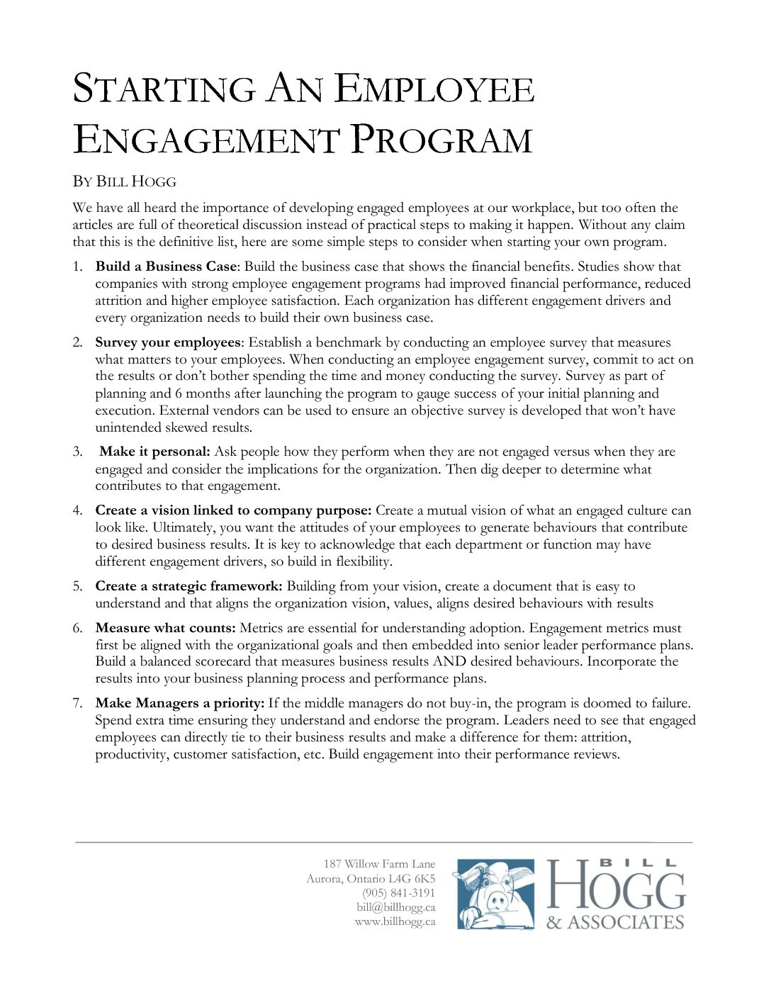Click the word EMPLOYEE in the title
(x=434, y=90)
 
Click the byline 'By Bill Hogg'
(x=124, y=181)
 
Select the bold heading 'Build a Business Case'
(x=166, y=267)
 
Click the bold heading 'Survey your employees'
(x=168, y=342)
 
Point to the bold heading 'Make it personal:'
(x=154, y=452)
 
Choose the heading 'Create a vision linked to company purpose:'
(x=233, y=510)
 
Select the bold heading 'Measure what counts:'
(x=165, y=628)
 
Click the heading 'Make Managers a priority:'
(x=179, y=703)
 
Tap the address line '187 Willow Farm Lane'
(x=379, y=864)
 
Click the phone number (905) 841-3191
(x=398, y=893)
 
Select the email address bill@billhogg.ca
(x=395, y=907)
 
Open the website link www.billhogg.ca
(x=395, y=922)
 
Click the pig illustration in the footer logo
(x=495, y=895)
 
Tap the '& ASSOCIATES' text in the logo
(x=615, y=922)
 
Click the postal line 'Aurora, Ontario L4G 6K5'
(x=371, y=879)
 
